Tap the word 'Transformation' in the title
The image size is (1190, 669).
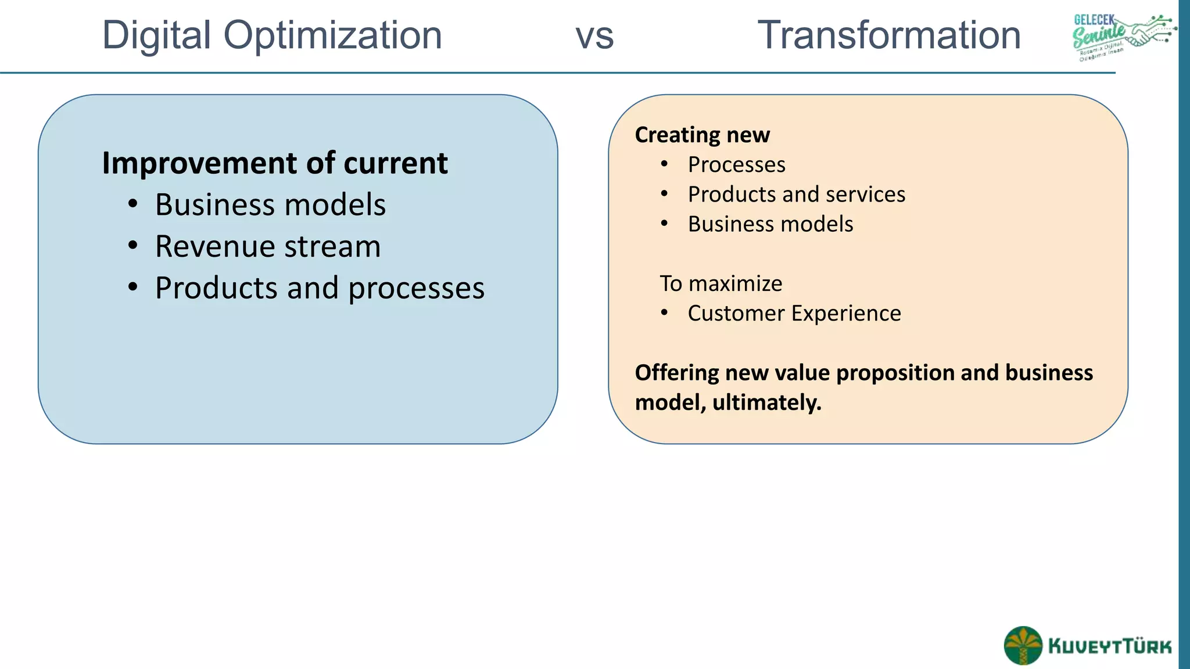pos(889,35)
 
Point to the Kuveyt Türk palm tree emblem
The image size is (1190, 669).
pos(1023,645)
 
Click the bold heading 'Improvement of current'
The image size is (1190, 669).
pos(274,163)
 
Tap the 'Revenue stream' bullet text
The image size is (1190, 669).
pos(267,246)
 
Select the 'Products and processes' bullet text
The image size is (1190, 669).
pos(319,288)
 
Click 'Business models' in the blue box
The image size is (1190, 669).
pos(270,205)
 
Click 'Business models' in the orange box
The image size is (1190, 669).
pos(770,224)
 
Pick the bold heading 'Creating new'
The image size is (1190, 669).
pos(702,135)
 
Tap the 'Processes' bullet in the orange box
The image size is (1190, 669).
pos(736,165)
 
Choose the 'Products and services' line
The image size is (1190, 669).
pos(796,195)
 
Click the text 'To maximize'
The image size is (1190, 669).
pos(721,283)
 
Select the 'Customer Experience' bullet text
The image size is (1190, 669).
pos(794,314)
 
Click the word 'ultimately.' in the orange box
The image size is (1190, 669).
pos(767,402)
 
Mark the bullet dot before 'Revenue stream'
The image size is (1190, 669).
pos(133,246)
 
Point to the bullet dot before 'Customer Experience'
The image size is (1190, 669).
pos(664,313)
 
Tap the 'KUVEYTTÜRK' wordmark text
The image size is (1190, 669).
pos(1110,646)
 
